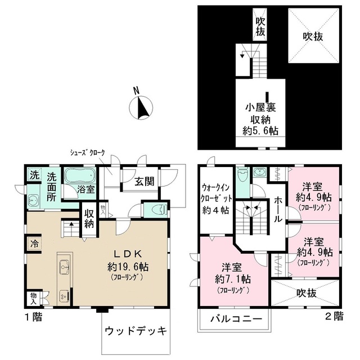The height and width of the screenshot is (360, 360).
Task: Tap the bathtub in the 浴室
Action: [x=80, y=176]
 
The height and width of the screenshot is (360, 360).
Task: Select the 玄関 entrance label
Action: [x=146, y=182]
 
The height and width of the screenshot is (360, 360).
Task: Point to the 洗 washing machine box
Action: [x=35, y=175]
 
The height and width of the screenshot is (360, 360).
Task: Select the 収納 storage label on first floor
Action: [x=89, y=218]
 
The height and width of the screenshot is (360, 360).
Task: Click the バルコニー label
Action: [x=236, y=319]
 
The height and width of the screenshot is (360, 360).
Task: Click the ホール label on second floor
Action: [x=278, y=209]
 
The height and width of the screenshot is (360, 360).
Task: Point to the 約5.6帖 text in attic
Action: [x=262, y=130]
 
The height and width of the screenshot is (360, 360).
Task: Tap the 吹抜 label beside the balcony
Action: [x=307, y=293]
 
